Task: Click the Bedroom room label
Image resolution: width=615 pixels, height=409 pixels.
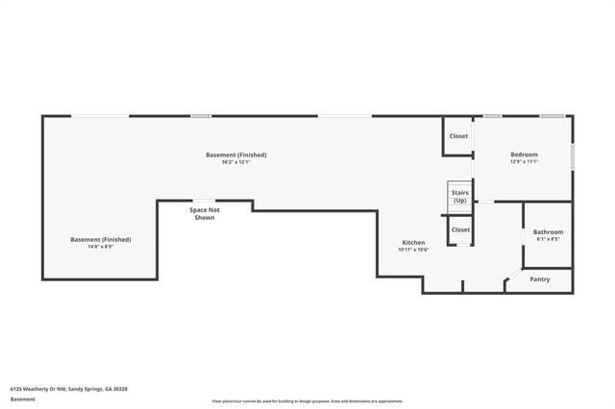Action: pos(524,155)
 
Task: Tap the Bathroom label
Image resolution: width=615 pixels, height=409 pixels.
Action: pos(548,232)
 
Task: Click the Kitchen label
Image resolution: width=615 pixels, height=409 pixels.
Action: pos(413,242)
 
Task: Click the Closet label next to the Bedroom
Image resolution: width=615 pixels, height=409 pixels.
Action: pos(459,136)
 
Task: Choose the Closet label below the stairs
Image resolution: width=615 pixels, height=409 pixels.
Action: pos(460,229)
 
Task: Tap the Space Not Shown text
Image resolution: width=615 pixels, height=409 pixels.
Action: pos(204,213)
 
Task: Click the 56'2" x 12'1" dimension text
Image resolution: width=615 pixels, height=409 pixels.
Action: pos(235,162)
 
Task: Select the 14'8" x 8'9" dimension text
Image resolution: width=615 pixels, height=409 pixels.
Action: pos(100,247)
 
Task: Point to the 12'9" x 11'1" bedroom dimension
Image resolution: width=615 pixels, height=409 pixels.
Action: pos(524,162)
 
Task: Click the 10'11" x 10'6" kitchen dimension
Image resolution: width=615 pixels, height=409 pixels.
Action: pos(413,250)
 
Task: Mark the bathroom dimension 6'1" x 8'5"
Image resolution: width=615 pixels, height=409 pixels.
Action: pos(548,240)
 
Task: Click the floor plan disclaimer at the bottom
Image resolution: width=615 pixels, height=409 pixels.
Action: pos(307,401)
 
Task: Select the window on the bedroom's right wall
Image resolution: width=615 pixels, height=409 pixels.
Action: pos(573,156)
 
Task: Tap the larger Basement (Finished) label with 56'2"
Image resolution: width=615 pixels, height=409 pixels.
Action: pos(235,155)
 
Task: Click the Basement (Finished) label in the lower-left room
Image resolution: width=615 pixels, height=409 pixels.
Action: pos(100,239)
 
